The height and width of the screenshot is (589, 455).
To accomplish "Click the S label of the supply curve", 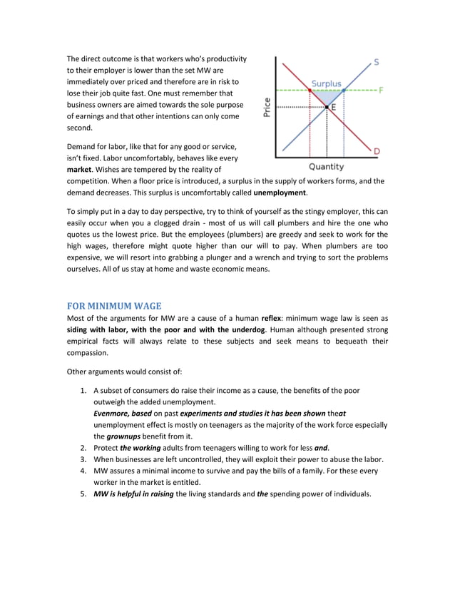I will click(376, 62).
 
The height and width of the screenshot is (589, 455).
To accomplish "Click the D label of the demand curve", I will click(376, 151).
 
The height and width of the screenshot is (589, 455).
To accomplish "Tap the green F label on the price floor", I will click(381, 91).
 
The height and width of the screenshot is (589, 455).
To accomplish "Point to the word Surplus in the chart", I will click(326, 84).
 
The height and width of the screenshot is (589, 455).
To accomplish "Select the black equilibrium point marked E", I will click(327, 106).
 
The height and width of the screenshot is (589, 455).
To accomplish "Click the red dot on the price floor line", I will click(310, 91).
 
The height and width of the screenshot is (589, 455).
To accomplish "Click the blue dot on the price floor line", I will click(344, 91).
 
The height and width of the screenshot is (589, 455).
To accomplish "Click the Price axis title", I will click(266, 107).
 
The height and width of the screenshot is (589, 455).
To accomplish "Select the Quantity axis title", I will click(326, 167).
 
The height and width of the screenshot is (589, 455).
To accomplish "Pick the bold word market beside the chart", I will click(79, 170).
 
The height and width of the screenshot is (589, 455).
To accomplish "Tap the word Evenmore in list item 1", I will click(111, 414).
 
